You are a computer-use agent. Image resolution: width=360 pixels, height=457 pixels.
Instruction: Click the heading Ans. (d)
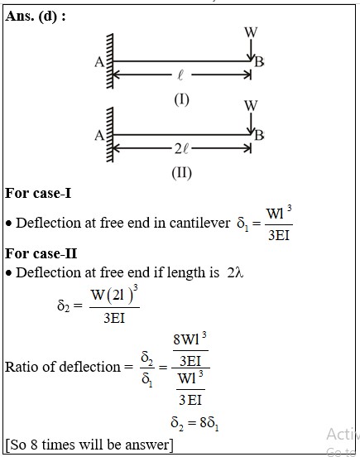[36, 16]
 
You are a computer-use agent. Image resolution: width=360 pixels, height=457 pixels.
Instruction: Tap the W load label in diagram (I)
[251, 32]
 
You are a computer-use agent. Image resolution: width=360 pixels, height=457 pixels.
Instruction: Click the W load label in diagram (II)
[251, 105]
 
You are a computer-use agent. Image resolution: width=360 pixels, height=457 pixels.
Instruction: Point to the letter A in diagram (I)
[99, 62]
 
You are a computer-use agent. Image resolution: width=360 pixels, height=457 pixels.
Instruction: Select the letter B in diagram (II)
[259, 135]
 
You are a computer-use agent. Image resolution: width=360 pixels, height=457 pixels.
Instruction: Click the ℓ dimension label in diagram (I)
[180, 75]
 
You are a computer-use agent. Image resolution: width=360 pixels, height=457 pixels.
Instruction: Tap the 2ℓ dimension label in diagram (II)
[181, 149]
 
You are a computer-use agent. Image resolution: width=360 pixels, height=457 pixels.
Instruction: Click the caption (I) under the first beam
[181, 99]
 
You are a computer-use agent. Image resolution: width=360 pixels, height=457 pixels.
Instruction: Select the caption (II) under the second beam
[181, 173]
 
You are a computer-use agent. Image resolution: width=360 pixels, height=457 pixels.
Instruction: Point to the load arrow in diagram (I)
[251, 50]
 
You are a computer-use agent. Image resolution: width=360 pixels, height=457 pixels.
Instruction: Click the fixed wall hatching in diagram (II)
[109, 134]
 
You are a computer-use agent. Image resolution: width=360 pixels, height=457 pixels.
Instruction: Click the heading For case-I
[38, 193]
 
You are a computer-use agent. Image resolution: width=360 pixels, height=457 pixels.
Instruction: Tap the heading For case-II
[41, 253]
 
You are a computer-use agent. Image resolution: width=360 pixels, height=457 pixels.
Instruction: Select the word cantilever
[199, 223]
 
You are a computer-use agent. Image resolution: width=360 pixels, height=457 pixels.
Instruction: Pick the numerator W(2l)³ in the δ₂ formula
[114, 295]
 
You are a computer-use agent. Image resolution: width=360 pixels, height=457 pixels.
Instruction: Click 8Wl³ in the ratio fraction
[190, 339]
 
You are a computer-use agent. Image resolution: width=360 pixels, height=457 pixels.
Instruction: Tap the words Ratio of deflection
[63, 367]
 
